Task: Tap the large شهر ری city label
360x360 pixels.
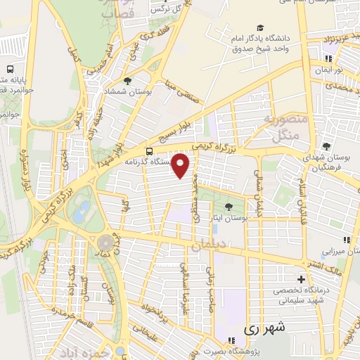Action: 266,328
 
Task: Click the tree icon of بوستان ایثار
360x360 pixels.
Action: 228,206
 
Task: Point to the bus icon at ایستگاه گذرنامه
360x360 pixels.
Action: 149,151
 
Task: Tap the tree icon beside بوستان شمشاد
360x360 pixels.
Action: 127,81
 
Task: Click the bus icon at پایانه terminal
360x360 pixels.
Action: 10,70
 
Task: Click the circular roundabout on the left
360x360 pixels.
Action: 104,242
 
